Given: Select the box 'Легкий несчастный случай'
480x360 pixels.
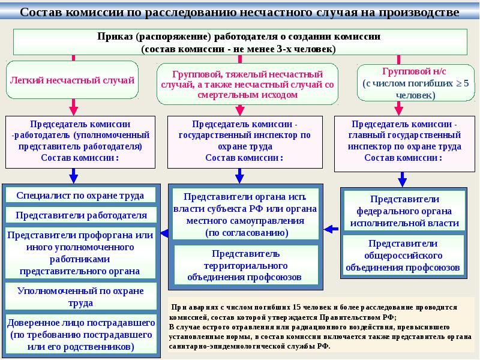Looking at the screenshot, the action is coord(72,80).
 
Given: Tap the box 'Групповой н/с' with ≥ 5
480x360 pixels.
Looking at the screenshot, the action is coord(416,83).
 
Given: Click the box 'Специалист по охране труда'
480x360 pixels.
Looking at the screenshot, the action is coord(80,196).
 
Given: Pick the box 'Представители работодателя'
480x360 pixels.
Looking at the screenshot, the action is coord(81,215).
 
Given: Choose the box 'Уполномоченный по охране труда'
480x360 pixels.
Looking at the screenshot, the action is coord(81,296).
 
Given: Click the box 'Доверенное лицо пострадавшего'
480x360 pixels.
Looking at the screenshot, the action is coord(81,334).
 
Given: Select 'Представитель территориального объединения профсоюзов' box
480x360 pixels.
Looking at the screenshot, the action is coord(245,265).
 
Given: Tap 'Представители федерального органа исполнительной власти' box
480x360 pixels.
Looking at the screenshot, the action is coord(404,211).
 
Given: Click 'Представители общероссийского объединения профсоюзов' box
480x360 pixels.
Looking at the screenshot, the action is coord(403,255).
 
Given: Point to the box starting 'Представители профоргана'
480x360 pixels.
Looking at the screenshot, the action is coord(80,253).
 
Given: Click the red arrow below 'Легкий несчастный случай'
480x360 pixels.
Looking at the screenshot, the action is coord(73,107).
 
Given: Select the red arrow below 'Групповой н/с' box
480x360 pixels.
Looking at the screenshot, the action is coord(398,109).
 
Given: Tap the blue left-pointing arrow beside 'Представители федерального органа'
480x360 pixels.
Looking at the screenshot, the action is coord(331,229).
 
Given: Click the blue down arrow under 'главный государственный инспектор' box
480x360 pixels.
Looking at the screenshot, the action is coord(402,179).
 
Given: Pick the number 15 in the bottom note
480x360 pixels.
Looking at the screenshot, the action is coord(296,307).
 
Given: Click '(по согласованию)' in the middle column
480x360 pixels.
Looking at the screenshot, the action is coord(247,233).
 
